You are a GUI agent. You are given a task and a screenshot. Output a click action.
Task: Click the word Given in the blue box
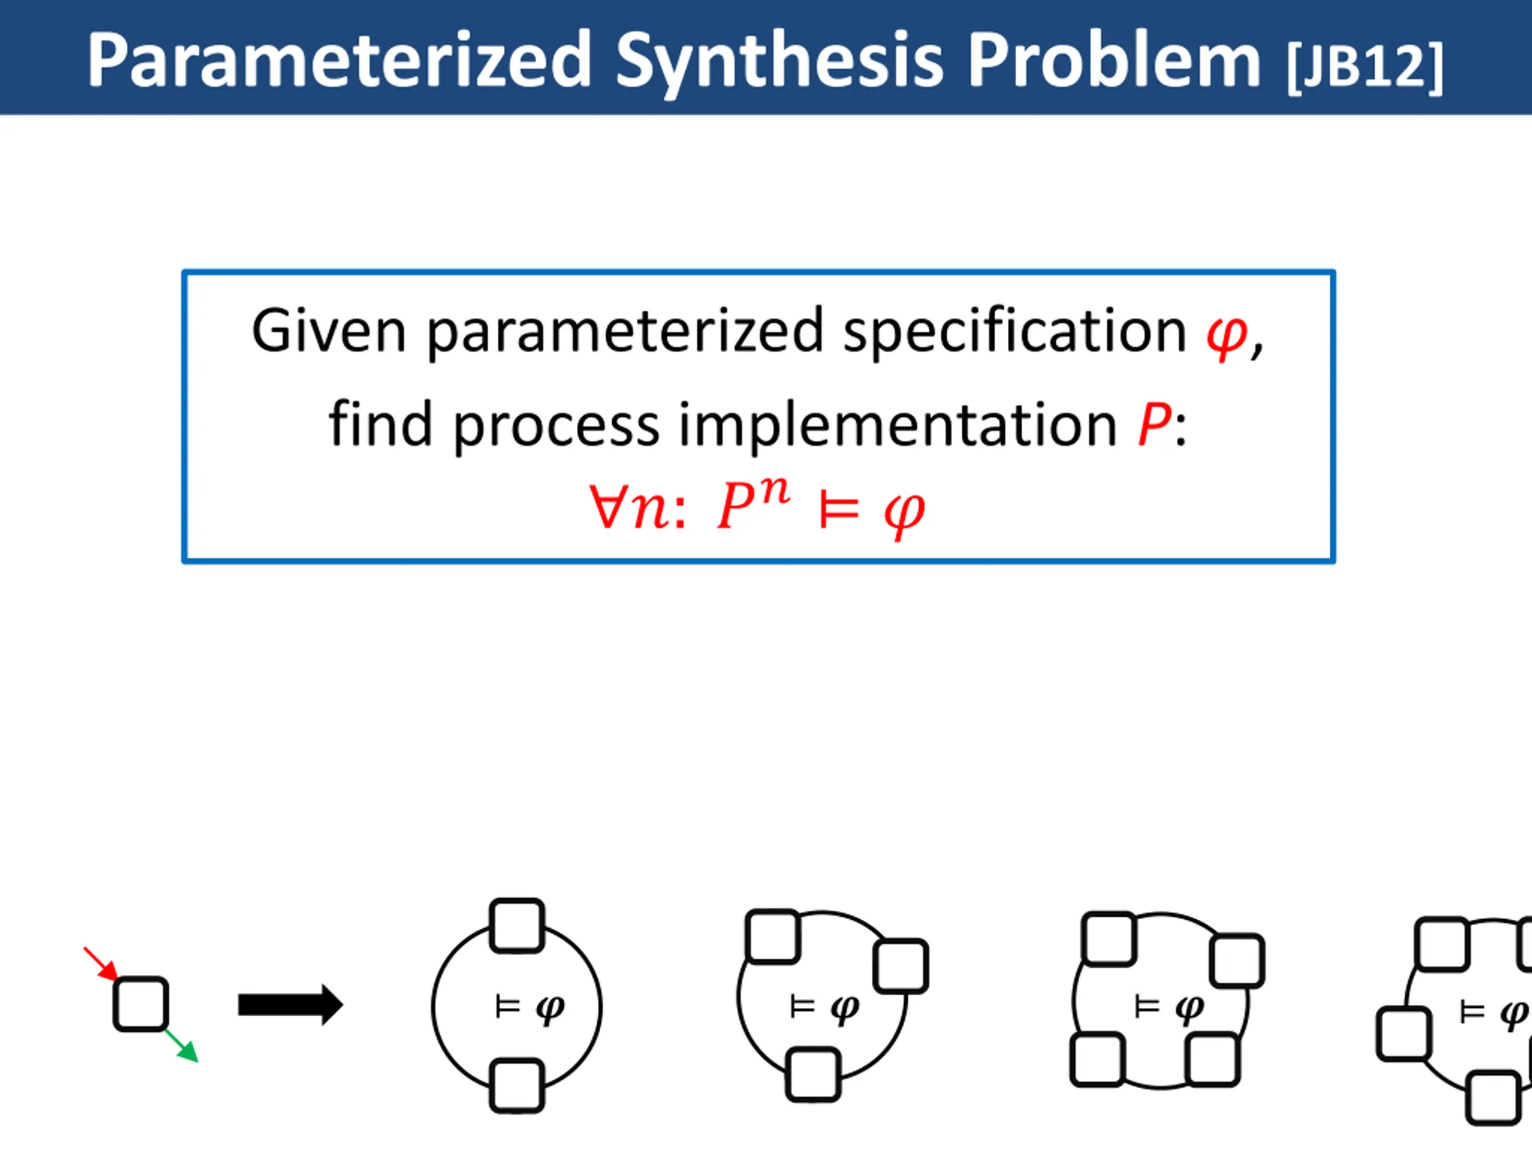click(x=327, y=332)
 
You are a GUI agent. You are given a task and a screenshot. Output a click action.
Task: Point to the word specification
click(x=1014, y=332)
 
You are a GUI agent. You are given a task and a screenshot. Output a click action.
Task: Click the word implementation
click(x=898, y=424)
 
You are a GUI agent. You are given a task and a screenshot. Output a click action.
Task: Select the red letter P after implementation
click(x=1154, y=424)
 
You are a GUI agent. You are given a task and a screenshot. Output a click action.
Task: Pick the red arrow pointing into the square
click(x=101, y=963)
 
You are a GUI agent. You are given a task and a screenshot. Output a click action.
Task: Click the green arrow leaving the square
click(x=182, y=1046)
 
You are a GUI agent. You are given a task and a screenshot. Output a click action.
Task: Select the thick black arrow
click(x=290, y=1004)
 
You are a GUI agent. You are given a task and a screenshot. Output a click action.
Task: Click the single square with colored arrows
click(x=141, y=1004)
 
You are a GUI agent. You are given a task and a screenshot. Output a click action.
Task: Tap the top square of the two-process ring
click(x=516, y=926)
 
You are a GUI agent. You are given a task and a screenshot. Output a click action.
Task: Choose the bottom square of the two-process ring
click(x=516, y=1086)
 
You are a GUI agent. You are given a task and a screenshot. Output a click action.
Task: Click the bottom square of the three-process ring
click(x=814, y=1075)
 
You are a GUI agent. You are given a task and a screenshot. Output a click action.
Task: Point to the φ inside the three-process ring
click(x=844, y=1008)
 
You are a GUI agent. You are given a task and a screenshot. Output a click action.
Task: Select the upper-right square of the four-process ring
click(x=1237, y=960)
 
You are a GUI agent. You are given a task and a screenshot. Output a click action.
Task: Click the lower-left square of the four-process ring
click(x=1098, y=1060)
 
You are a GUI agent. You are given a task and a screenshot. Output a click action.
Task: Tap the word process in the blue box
click(x=556, y=424)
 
